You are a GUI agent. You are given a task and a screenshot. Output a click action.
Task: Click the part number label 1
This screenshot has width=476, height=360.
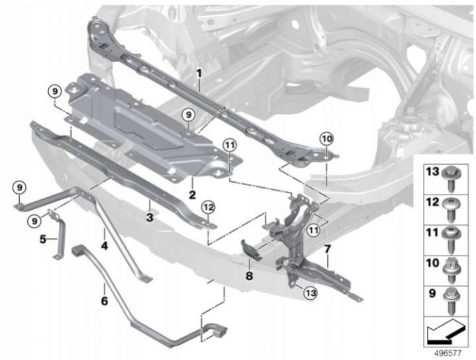click(x=199, y=73)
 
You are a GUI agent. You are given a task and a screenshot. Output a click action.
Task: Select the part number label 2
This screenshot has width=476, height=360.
click(x=192, y=195)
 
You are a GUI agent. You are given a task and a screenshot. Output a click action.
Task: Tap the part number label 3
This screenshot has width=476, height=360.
click(x=150, y=217)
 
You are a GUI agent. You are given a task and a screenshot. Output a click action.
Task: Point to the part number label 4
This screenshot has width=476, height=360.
click(x=105, y=246)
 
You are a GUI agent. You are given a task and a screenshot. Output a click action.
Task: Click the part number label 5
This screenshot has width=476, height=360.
click(x=43, y=239)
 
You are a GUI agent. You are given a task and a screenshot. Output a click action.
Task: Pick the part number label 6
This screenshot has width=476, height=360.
click(x=104, y=301)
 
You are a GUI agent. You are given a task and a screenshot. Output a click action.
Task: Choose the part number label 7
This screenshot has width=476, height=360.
click(x=327, y=249)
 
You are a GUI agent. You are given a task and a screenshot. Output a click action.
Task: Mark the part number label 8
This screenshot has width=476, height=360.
click(x=249, y=276)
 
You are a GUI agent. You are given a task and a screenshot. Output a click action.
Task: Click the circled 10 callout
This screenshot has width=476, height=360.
click(x=326, y=140)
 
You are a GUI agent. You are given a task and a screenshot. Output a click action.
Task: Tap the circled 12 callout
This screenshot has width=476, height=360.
click(x=209, y=208)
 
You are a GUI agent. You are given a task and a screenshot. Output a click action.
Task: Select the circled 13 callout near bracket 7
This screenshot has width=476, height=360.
click(x=310, y=293)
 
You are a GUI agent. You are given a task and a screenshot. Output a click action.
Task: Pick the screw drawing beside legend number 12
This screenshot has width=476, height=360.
click(x=452, y=209)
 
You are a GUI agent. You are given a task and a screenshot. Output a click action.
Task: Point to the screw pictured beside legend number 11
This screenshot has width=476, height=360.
click(x=452, y=240)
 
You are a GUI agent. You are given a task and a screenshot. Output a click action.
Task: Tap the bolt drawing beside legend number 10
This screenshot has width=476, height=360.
click(x=452, y=270)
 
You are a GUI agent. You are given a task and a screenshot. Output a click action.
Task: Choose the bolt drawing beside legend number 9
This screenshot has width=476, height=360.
click(x=452, y=300)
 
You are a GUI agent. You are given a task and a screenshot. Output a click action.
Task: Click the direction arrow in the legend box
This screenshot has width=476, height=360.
click(x=446, y=332)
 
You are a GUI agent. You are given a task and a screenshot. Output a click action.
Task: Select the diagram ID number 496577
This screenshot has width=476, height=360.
click(x=448, y=353)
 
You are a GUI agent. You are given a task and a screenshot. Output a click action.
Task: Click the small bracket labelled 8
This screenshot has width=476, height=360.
click(x=251, y=249)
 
